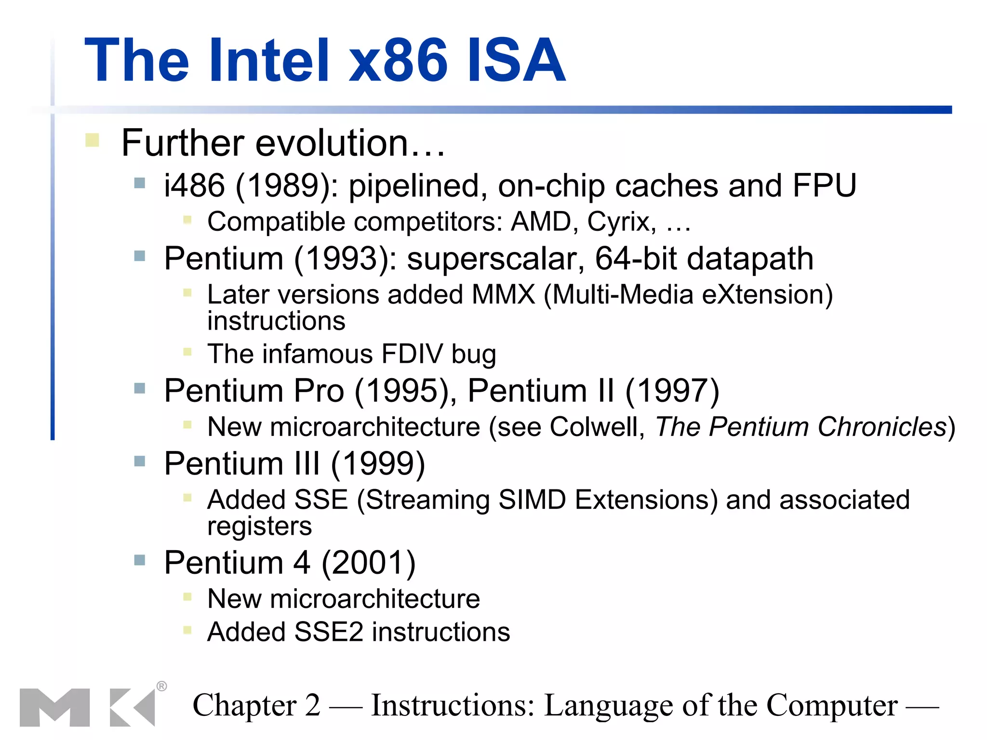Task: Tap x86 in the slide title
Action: point(398,61)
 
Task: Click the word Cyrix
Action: point(621,222)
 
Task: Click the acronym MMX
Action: point(504,294)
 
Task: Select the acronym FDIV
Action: point(412,354)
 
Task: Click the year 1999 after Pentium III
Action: point(378,463)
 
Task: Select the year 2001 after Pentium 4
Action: point(368,562)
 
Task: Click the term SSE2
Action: point(329,632)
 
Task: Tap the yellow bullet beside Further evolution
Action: point(92,140)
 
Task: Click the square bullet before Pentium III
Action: point(140,462)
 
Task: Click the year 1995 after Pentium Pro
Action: point(404,391)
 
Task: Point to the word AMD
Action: point(541,222)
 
